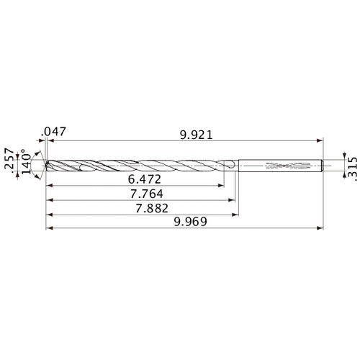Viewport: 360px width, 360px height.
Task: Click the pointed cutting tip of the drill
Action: point(45,166)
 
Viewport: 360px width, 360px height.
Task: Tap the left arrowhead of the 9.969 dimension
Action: point(48,229)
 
